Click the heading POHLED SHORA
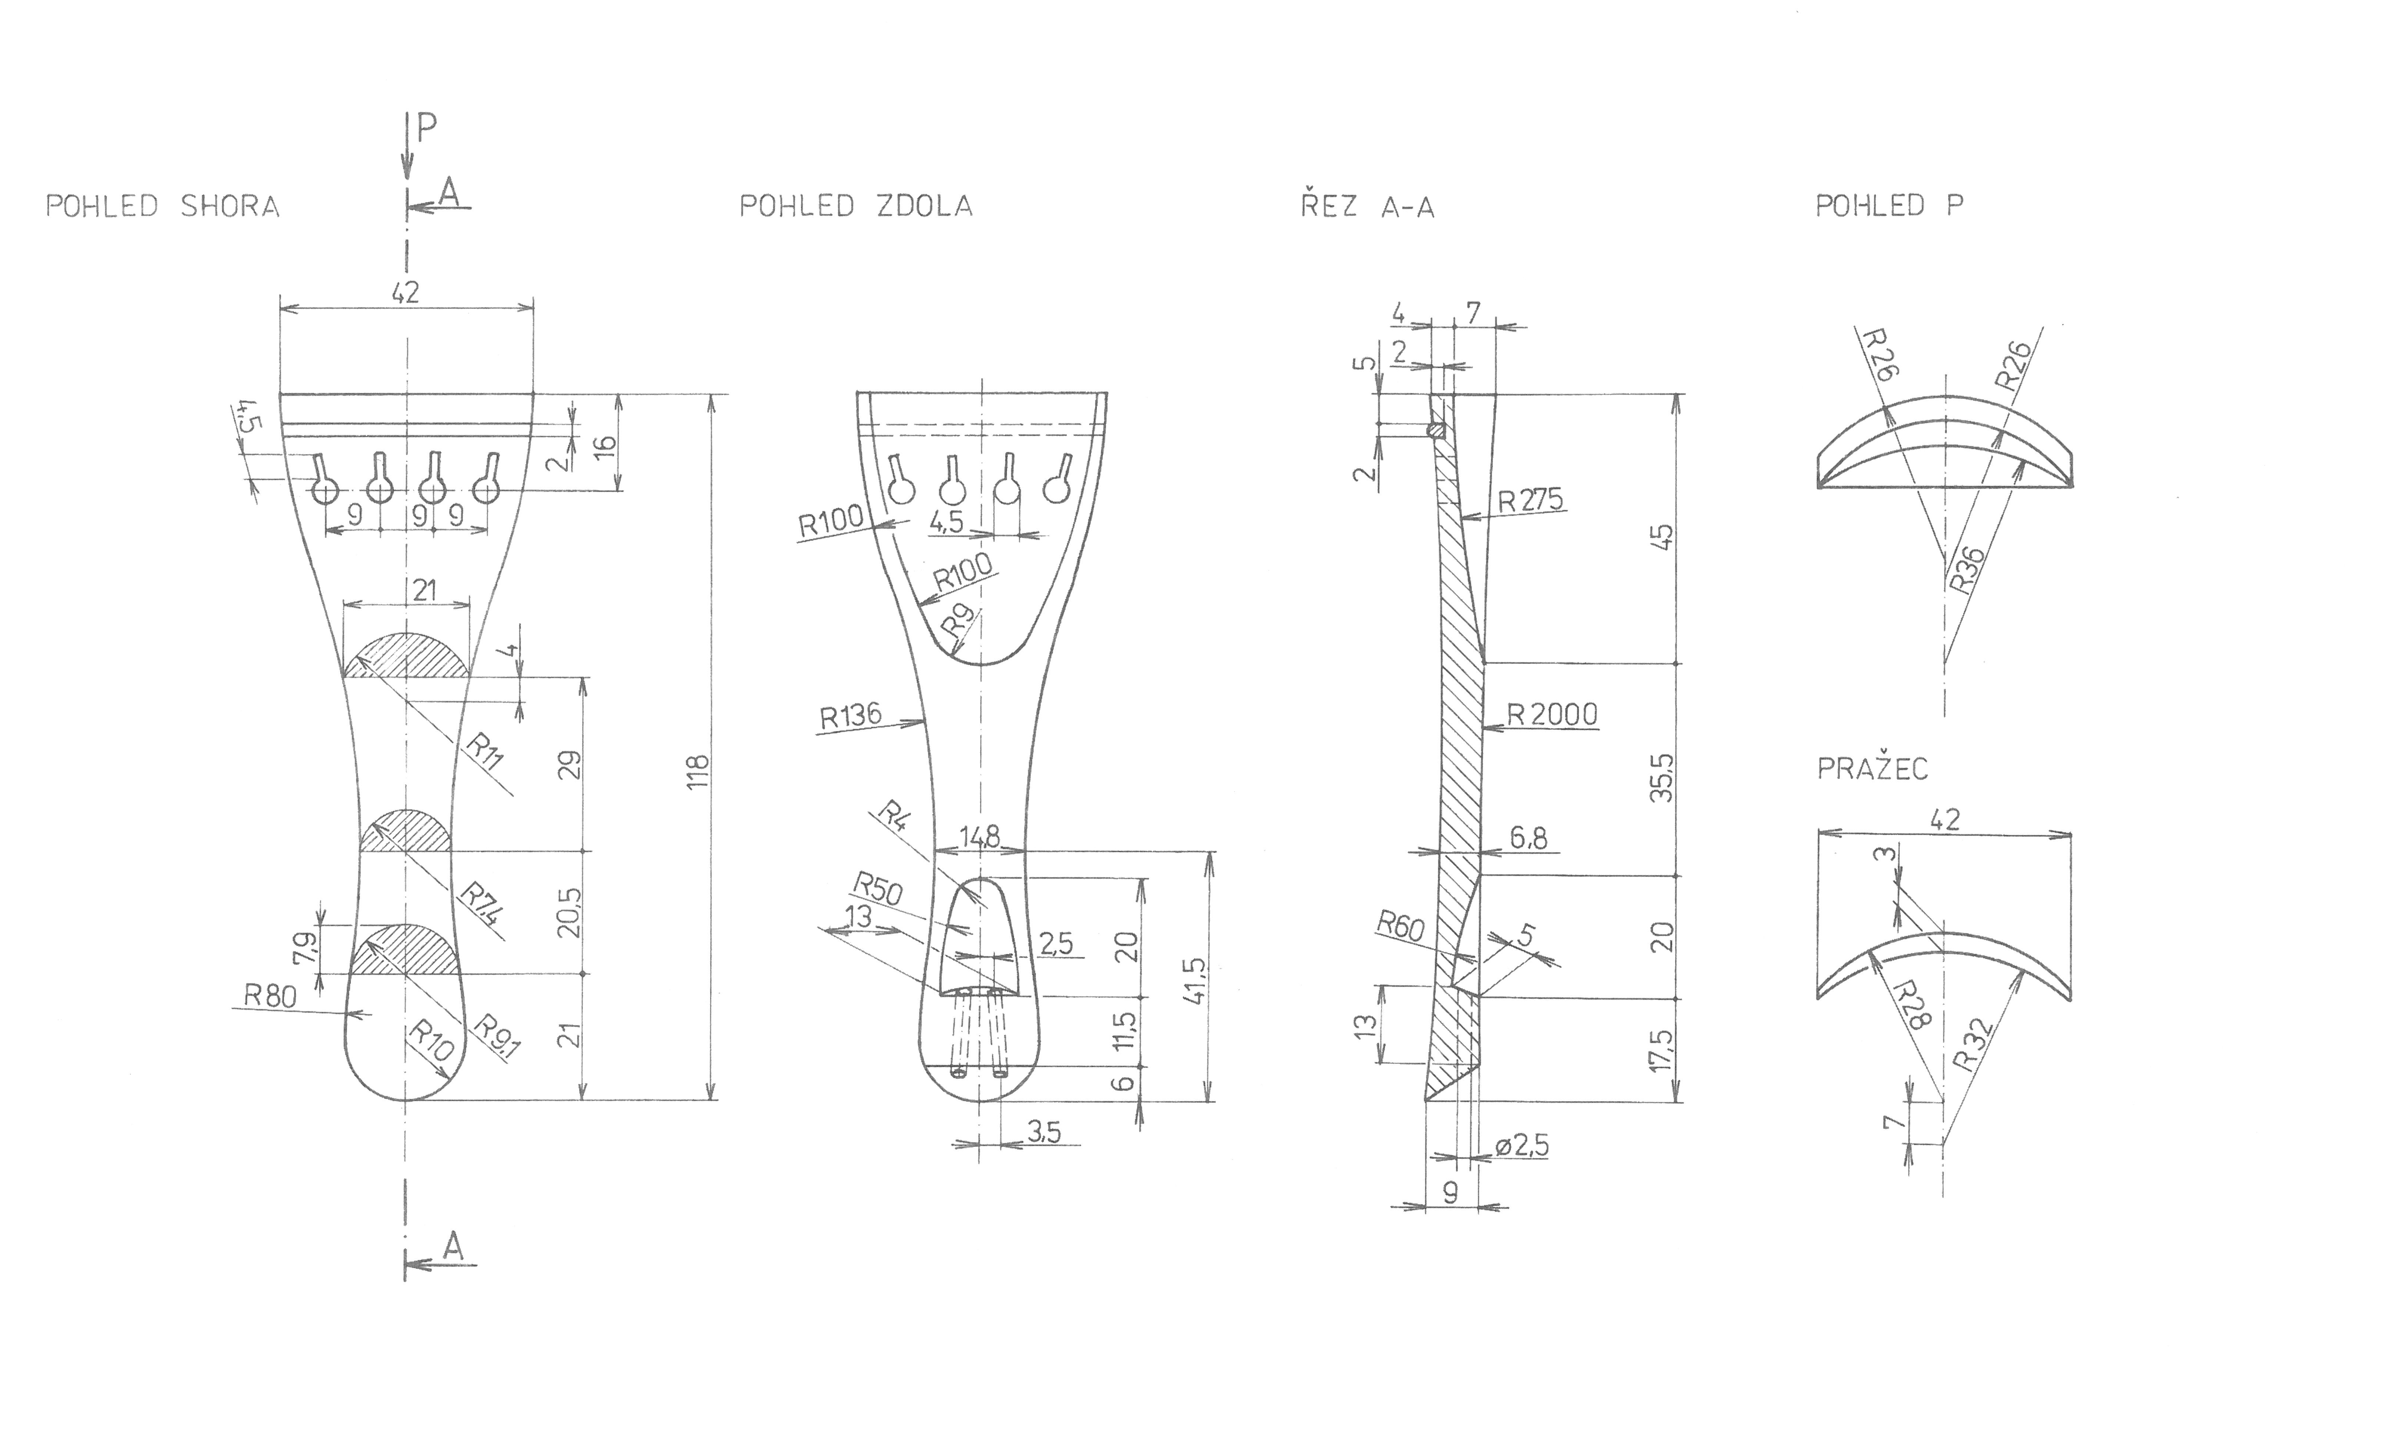tap(163, 206)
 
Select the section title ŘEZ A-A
tap(1367, 206)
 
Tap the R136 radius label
tap(850, 715)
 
